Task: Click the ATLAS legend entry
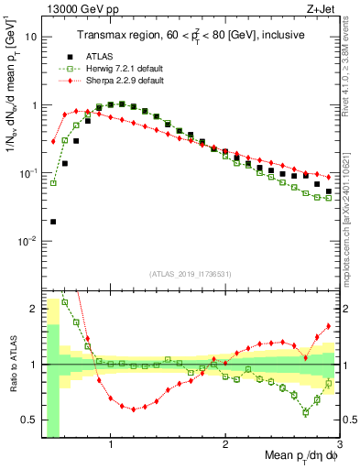click(x=96, y=55)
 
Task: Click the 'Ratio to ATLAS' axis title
click(x=11, y=365)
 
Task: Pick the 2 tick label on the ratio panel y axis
click(x=32, y=309)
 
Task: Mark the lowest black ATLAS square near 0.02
click(x=53, y=222)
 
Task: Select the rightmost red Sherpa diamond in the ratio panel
click(x=329, y=326)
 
